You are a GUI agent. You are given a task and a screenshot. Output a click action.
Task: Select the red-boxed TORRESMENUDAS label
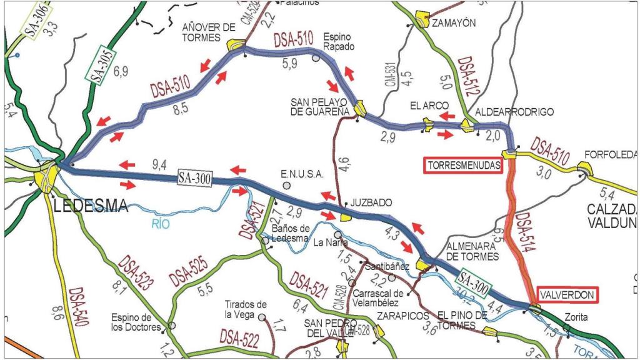click(x=464, y=166)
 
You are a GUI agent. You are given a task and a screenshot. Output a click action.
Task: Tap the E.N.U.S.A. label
click(x=297, y=174)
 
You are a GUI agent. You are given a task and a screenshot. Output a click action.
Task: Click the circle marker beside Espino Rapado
click(x=316, y=57)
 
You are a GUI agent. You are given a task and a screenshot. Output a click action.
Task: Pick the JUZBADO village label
click(x=371, y=203)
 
